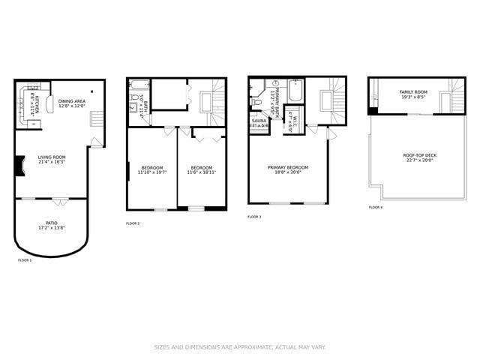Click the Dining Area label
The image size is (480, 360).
72,103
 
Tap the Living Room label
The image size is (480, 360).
52,160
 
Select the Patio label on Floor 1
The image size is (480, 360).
52,225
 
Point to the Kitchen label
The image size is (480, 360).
32,101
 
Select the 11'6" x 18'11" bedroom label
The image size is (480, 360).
201,170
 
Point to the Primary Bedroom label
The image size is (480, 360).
288,170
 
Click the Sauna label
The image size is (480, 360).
259,122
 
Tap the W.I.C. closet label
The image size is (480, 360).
295,122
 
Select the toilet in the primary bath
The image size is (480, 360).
256,102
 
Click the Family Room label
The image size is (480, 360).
413,94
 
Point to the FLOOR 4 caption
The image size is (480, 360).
375,207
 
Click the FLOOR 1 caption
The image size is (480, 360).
25,260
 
